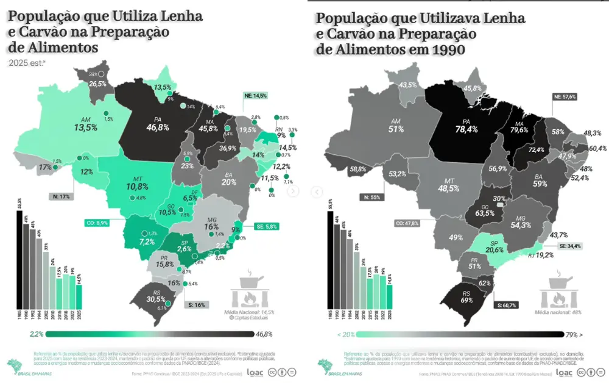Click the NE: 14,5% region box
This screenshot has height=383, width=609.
coord(255,96)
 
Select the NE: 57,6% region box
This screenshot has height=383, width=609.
coord(565,96)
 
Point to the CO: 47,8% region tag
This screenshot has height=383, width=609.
coord(407,223)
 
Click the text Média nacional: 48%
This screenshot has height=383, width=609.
coord(558,312)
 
